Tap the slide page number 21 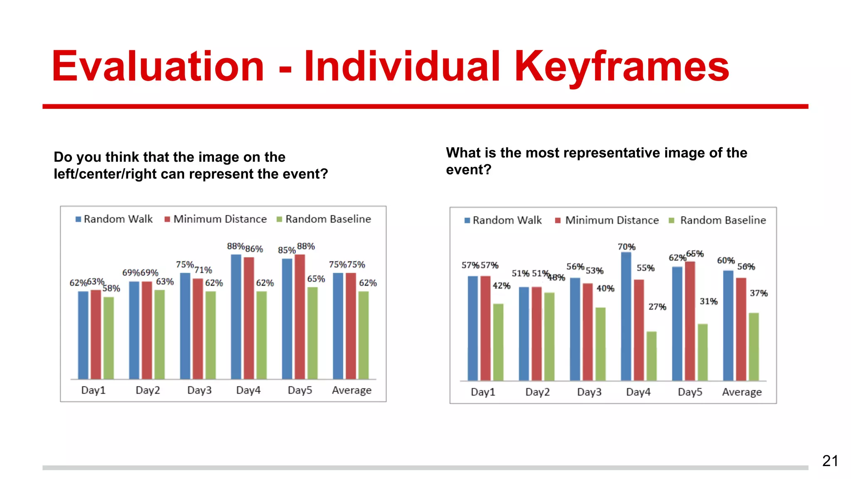point(830,461)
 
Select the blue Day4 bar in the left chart point(236,316)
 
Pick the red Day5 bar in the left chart point(300,316)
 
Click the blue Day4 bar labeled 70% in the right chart point(626,316)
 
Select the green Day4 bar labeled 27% point(652,356)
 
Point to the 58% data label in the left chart point(111,288)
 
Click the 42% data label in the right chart point(501,286)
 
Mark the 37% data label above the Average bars point(758,293)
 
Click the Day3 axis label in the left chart point(199,390)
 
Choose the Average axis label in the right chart point(742,392)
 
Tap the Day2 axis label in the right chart point(537,392)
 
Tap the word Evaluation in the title point(158,67)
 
